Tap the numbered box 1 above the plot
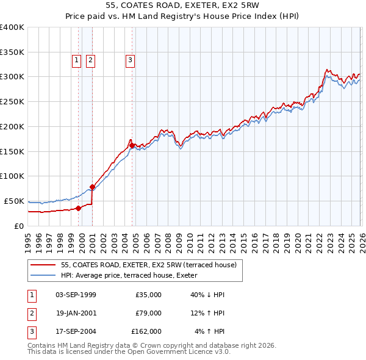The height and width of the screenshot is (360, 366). [77, 60]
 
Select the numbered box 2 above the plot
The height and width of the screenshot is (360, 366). [90, 60]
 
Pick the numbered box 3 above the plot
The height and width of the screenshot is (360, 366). [131, 60]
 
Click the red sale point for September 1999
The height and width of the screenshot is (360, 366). [79, 208]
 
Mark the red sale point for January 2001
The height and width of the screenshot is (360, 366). [93, 187]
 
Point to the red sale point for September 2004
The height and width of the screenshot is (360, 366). [132, 145]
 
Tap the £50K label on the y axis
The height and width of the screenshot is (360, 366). [15, 201]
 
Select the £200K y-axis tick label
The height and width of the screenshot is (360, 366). [12, 126]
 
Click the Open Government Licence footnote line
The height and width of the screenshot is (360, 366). [129, 351]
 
